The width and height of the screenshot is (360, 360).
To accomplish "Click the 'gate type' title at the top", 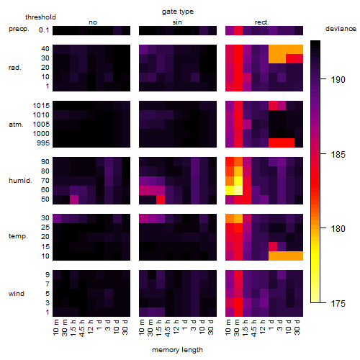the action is pyautogui.click(x=178, y=12).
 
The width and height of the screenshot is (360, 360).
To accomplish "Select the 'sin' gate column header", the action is pyautogui.click(x=177, y=22).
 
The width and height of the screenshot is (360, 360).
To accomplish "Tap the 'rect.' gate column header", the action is pyautogui.click(x=261, y=22).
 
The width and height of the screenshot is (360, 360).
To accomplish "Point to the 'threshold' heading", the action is pyautogui.click(x=40, y=17).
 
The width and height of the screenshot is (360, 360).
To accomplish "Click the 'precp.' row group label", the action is pyautogui.click(x=19, y=29).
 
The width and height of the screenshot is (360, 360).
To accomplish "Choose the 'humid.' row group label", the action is pyautogui.click(x=20, y=181).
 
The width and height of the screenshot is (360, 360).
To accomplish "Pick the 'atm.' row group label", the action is pyautogui.click(x=16, y=125).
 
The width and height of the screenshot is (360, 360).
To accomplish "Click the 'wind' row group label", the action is pyautogui.click(x=17, y=294).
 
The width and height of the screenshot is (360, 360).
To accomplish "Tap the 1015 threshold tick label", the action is pyautogui.click(x=41, y=106).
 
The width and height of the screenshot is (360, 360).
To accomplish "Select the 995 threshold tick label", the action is pyautogui.click(x=43, y=143).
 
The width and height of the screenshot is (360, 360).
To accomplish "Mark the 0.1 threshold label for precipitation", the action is pyautogui.click(x=44, y=30).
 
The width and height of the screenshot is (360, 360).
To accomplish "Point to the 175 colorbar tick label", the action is pyautogui.click(x=338, y=304).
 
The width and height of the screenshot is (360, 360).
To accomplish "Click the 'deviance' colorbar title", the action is pyautogui.click(x=341, y=29).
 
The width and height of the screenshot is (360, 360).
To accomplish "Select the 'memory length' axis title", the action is pyautogui.click(x=178, y=350).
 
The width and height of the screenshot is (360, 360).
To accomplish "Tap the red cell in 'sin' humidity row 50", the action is pyautogui.click(x=161, y=199).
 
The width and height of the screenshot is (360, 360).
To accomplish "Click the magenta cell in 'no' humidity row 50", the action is pyautogui.click(x=74, y=199).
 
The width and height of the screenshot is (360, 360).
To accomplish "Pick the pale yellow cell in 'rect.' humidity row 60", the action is pyautogui.click(x=238, y=190).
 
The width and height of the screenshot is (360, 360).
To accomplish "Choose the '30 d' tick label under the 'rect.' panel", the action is pyautogui.click(x=297, y=327).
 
